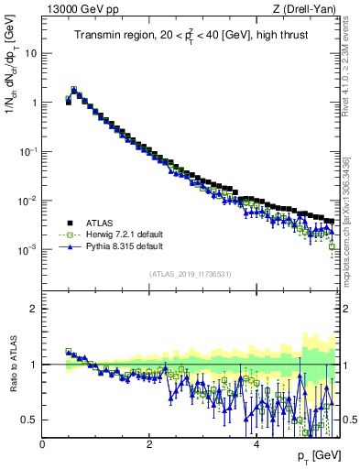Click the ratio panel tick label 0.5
[30, 420]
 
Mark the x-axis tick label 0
[42, 444]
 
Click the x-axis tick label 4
[256, 444]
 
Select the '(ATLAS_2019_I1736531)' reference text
[188, 274]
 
